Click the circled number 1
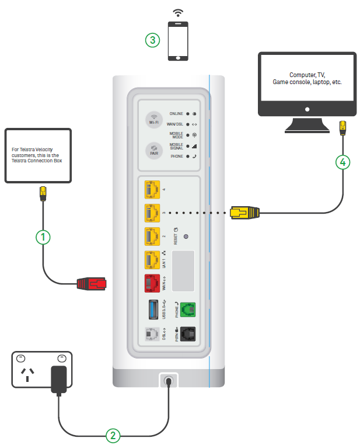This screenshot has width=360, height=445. point(42,237)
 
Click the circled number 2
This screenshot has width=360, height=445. point(113,434)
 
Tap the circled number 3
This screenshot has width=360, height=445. point(152,40)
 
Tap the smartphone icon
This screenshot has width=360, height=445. point(178,40)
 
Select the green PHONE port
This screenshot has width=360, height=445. point(188,310)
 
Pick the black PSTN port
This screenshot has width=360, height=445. point(188,335)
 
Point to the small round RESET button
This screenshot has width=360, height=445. point(185,237)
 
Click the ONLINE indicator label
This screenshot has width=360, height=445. point(176,113)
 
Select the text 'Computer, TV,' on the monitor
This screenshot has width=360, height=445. point(306,75)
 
